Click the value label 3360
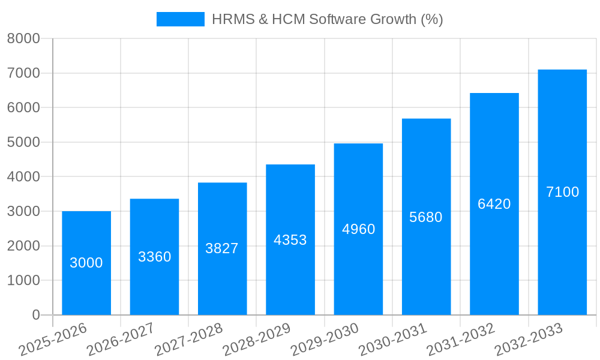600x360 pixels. pyautogui.click(x=155, y=257)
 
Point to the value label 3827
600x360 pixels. pyautogui.click(x=222, y=248)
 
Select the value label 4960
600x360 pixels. pyautogui.click(x=359, y=229)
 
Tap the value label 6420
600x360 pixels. pyautogui.click(x=494, y=204)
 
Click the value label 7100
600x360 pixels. pyautogui.click(x=563, y=192)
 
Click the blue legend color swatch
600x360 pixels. pyautogui.click(x=180, y=19)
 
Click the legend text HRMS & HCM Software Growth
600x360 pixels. pyautogui.click(x=327, y=19)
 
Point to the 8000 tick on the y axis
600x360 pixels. pyautogui.click(x=23, y=39)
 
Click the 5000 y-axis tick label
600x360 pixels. pyautogui.click(x=23, y=143)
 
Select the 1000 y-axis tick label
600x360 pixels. pyautogui.click(x=23, y=281)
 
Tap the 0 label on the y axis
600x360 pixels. pyautogui.click(x=36, y=315)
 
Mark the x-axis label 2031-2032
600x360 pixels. pyautogui.click(x=461, y=340)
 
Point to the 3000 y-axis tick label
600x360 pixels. pyautogui.click(x=23, y=212)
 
